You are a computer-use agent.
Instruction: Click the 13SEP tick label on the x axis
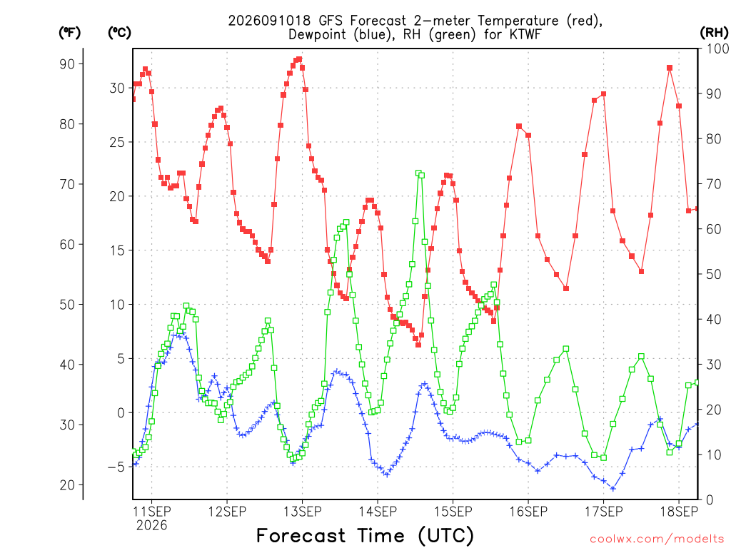coord(302,512)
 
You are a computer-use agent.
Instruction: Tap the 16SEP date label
coord(528,512)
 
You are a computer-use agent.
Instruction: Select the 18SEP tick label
coord(679,512)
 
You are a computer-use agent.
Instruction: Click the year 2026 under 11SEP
coord(151,526)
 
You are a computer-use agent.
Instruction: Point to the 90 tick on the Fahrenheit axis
coord(68,64)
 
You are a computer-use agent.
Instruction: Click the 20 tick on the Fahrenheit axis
coord(68,485)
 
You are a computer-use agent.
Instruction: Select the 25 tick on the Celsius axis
coord(117,142)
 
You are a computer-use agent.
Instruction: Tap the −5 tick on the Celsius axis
coord(116,467)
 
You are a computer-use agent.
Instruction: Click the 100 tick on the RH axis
coord(717,49)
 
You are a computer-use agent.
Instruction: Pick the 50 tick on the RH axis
coord(713,274)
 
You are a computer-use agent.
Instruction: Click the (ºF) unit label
coord(69,33)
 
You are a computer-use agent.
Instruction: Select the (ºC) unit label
coord(119,33)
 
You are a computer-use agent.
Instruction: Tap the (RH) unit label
coord(714,33)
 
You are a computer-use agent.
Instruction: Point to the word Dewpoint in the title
coord(318,34)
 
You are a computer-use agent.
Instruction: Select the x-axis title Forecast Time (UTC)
coord(365,535)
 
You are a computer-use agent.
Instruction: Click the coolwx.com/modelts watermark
coord(657,539)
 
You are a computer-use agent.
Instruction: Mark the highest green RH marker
coord(418,173)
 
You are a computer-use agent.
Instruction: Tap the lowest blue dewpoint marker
coord(613,489)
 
